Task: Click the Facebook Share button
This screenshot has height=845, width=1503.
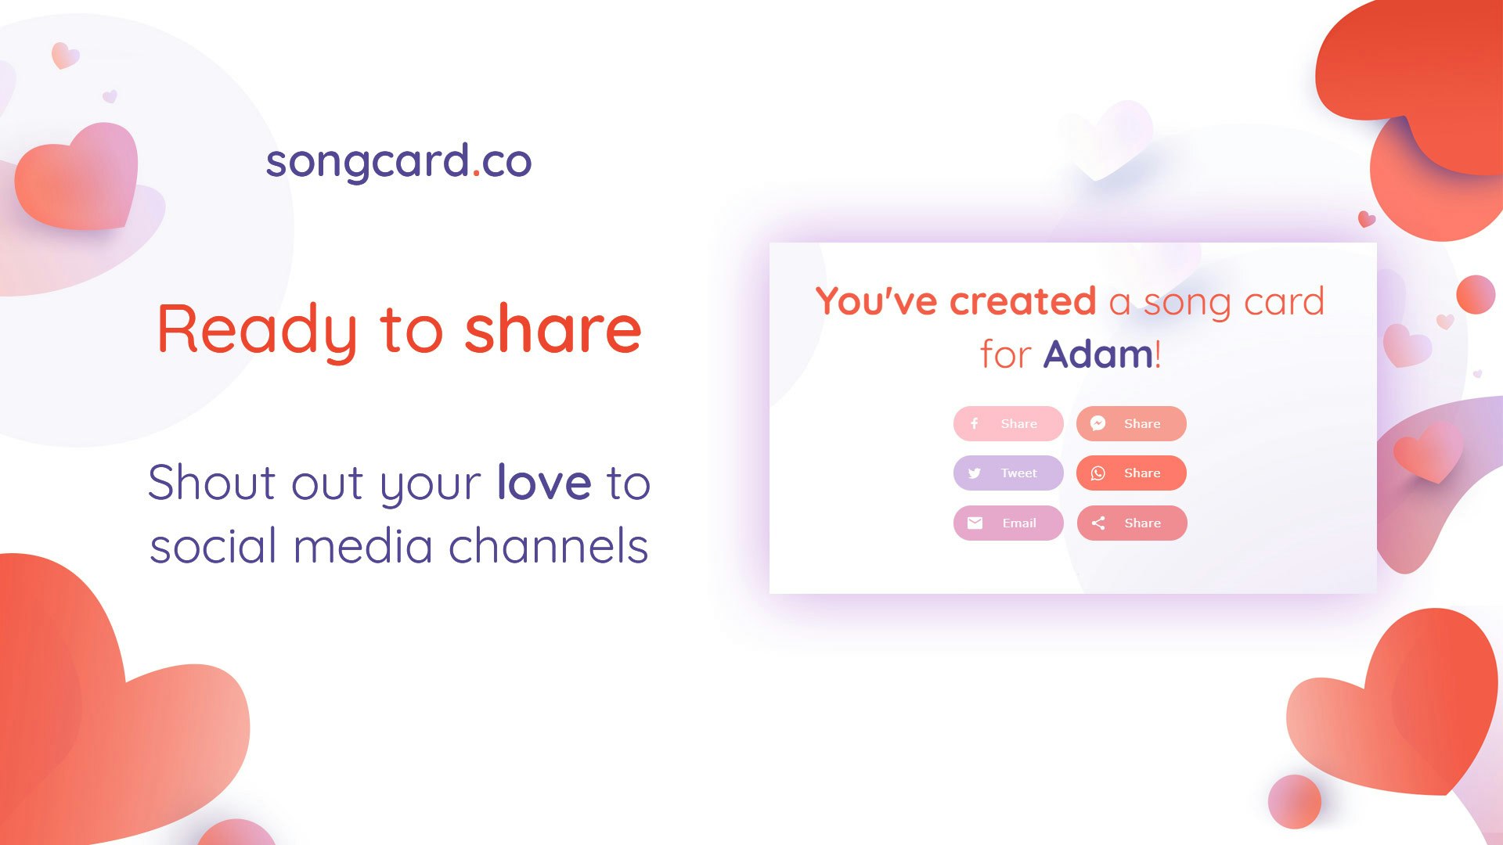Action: point(1008,423)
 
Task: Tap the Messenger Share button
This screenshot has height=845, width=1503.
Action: point(1131,423)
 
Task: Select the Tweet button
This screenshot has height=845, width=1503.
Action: point(1008,473)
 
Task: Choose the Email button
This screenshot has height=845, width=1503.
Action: point(1008,523)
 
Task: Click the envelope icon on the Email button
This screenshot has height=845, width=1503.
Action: point(975,523)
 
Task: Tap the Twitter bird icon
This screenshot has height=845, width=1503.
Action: point(975,473)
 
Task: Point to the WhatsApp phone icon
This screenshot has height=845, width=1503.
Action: point(1098,473)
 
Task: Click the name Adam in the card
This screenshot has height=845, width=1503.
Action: point(1098,354)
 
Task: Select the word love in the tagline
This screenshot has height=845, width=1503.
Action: point(544,482)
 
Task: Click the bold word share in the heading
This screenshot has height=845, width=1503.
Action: point(553,329)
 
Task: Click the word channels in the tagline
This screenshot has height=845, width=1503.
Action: point(548,546)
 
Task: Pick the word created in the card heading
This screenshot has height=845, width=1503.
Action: point(1022,301)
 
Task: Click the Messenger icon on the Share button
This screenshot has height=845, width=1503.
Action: point(1098,423)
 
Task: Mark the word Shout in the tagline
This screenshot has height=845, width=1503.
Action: point(211,482)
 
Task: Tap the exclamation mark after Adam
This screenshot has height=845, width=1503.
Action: point(1158,354)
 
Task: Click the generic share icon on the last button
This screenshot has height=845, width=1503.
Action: point(1098,523)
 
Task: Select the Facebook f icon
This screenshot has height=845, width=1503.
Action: point(975,423)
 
